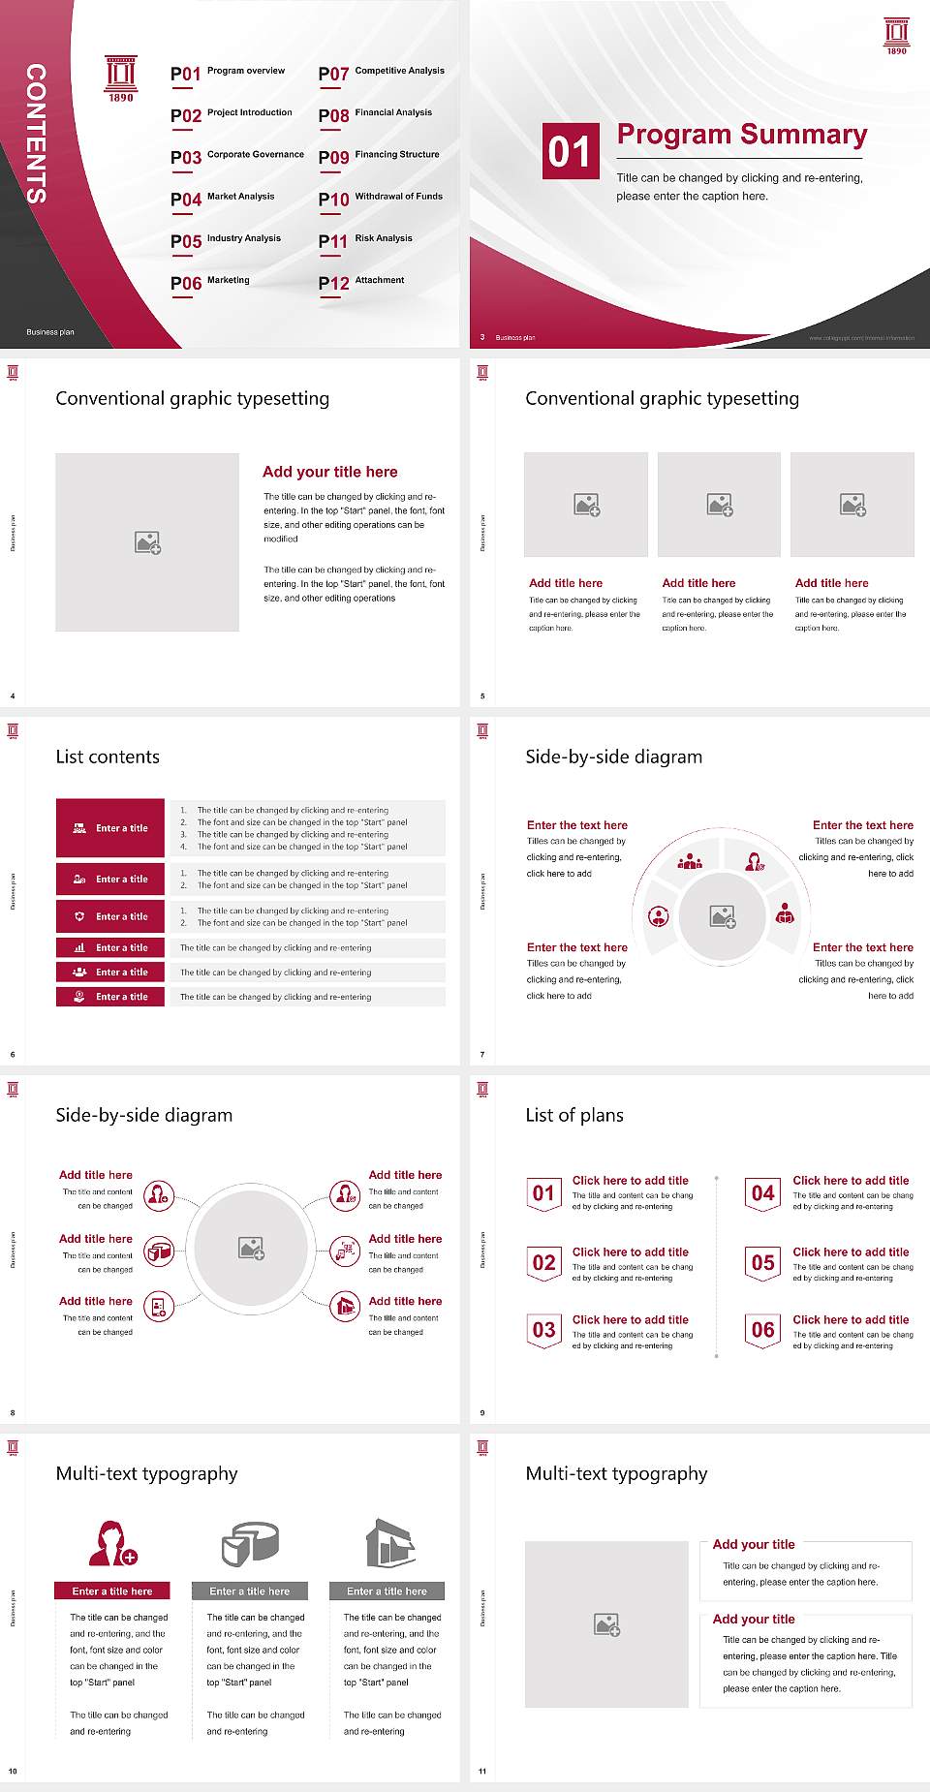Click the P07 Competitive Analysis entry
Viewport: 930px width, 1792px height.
381,73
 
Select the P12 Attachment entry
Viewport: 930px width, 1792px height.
361,282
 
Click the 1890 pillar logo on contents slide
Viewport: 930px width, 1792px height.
121,77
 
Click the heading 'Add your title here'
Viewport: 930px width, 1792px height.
329,472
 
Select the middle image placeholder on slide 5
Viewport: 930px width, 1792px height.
719,505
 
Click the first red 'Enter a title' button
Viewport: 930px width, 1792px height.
110,828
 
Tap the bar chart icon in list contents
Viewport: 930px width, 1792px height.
79,947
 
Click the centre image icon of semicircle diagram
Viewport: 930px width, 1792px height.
723,916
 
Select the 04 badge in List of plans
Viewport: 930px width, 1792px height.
763,1193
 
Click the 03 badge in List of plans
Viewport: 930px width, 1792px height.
544,1330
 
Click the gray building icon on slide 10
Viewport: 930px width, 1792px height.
390,1543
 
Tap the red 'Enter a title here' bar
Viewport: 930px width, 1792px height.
112,1591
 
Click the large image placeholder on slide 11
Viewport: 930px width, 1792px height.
606,1624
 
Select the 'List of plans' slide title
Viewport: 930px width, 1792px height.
574,1115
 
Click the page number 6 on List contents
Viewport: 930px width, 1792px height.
13,1054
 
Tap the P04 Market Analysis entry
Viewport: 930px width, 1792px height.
223,199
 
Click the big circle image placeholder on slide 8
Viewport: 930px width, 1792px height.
252,1248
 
